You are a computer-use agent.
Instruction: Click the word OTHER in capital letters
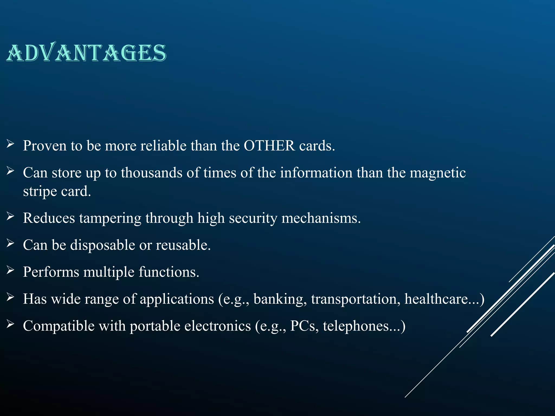(269, 146)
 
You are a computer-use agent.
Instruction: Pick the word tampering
(110, 218)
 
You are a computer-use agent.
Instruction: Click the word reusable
(183, 245)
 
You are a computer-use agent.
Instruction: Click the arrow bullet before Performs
(10, 270)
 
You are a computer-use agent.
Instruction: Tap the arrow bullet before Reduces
(10, 216)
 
